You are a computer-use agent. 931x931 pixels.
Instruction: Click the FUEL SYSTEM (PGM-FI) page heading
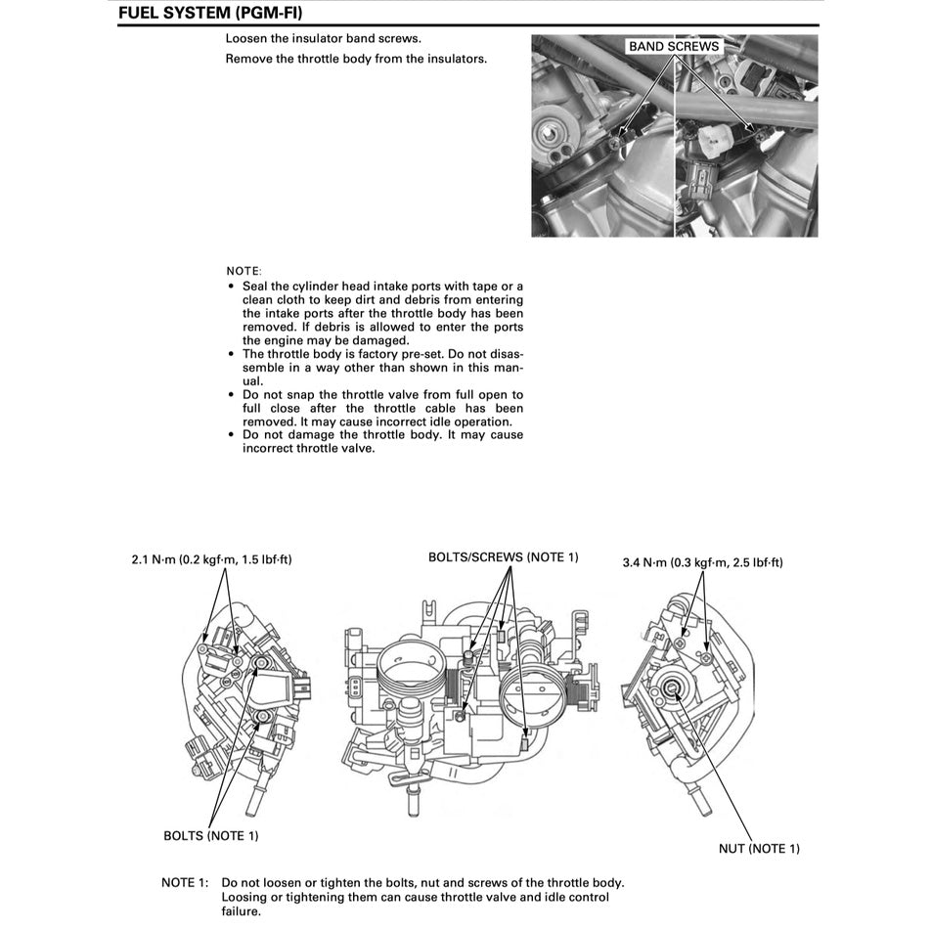point(209,14)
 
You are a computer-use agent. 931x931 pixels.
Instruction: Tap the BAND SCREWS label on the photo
point(673,46)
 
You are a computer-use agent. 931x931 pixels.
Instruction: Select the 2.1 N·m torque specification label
point(211,560)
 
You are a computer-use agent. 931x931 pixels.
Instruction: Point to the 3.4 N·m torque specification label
point(702,562)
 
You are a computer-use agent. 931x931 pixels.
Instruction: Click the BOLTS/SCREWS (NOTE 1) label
point(503,557)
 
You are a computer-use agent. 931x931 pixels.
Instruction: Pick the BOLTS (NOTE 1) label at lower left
point(210,835)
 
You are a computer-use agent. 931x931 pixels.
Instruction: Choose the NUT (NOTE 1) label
point(758,848)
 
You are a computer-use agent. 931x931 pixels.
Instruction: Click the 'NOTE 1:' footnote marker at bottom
point(185,882)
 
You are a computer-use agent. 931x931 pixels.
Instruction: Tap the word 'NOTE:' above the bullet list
point(244,270)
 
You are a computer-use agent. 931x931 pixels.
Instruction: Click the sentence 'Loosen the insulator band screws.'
point(323,39)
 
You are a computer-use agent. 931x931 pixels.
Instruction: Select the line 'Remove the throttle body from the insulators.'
point(356,59)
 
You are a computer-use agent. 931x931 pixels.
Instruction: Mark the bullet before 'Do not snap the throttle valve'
point(230,395)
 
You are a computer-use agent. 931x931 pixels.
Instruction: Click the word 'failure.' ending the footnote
point(242,911)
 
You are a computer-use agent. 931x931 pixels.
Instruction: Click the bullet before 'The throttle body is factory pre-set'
point(230,354)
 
